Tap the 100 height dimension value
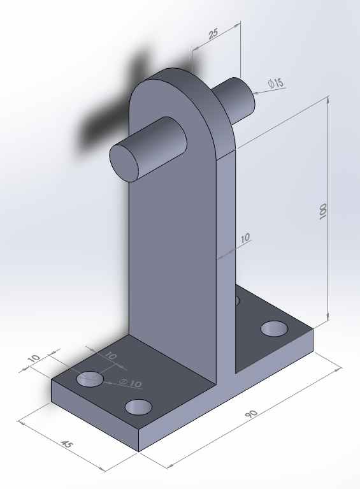(x=323, y=212)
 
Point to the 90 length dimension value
(x=251, y=414)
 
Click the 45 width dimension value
(x=66, y=444)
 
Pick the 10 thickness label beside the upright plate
(x=245, y=239)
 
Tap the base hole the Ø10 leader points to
(x=90, y=379)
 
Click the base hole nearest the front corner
(x=138, y=407)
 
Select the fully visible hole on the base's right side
(x=275, y=328)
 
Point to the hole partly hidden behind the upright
(x=236, y=300)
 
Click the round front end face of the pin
(x=126, y=162)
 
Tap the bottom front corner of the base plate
(x=139, y=451)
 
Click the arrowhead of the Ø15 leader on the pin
(x=256, y=93)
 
